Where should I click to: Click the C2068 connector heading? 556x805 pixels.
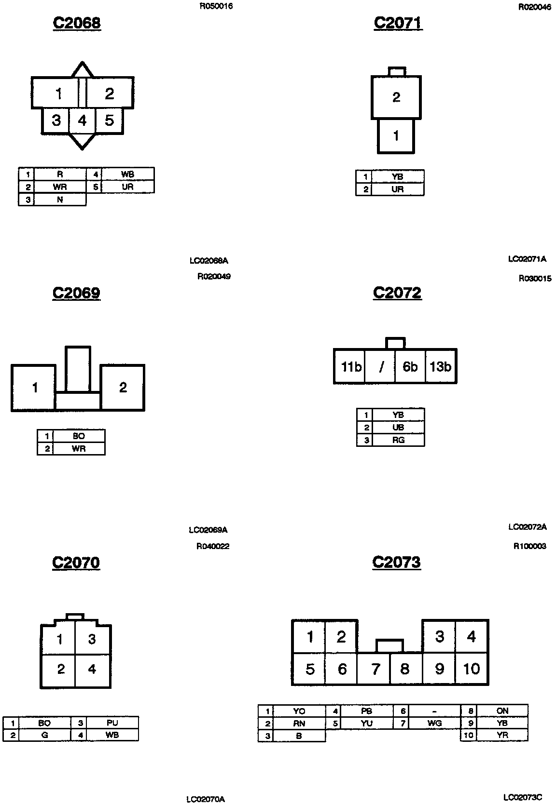[x=77, y=23]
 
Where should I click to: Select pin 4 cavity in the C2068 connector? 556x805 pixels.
[x=83, y=120]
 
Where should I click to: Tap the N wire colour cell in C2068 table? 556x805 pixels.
[x=60, y=200]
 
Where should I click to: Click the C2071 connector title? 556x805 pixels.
[x=398, y=23]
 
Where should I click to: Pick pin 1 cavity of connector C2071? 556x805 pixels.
[x=396, y=136]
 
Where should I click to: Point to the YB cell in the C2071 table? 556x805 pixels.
[x=397, y=177]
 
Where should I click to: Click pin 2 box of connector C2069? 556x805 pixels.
[x=123, y=388]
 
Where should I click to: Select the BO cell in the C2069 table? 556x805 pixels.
[x=79, y=436]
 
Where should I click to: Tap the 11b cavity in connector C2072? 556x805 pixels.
[x=350, y=367]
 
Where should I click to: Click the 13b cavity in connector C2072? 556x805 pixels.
[x=440, y=367]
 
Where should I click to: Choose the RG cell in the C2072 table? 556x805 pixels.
[x=398, y=440]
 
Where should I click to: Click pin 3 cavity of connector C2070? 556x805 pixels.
[x=92, y=640]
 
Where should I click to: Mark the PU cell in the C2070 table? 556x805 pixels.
[x=112, y=723]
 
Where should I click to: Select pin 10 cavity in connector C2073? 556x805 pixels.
[x=472, y=669]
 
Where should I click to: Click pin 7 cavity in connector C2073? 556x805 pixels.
[x=375, y=669]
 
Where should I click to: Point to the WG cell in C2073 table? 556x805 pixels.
[x=434, y=723]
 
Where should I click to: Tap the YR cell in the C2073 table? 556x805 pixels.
[x=502, y=736]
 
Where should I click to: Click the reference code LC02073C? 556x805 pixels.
[x=523, y=797]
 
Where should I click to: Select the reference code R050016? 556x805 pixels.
[x=216, y=7]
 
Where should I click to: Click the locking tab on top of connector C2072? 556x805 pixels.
[x=396, y=343]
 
